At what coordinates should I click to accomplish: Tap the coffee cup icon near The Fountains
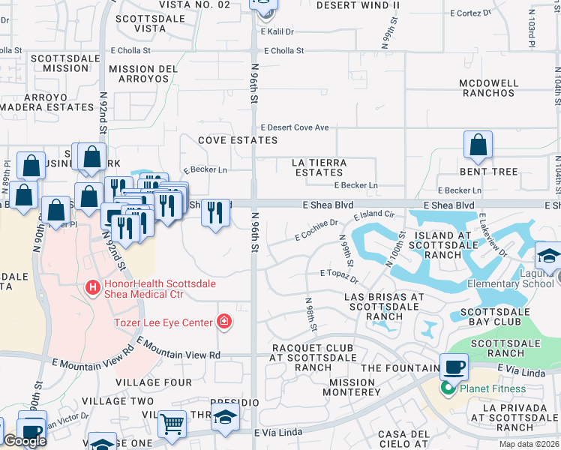(x=454, y=367)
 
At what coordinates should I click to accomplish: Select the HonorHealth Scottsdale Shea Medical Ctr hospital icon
(x=92, y=287)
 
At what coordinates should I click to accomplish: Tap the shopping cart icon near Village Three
(x=172, y=424)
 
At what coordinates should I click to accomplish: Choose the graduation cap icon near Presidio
(x=224, y=418)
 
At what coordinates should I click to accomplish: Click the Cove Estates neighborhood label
(x=238, y=140)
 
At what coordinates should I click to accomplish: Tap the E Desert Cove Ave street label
(x=295, y=127)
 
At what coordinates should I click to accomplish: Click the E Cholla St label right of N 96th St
(x=282, y=51)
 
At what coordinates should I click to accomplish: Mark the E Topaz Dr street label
(x=339, y=274)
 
